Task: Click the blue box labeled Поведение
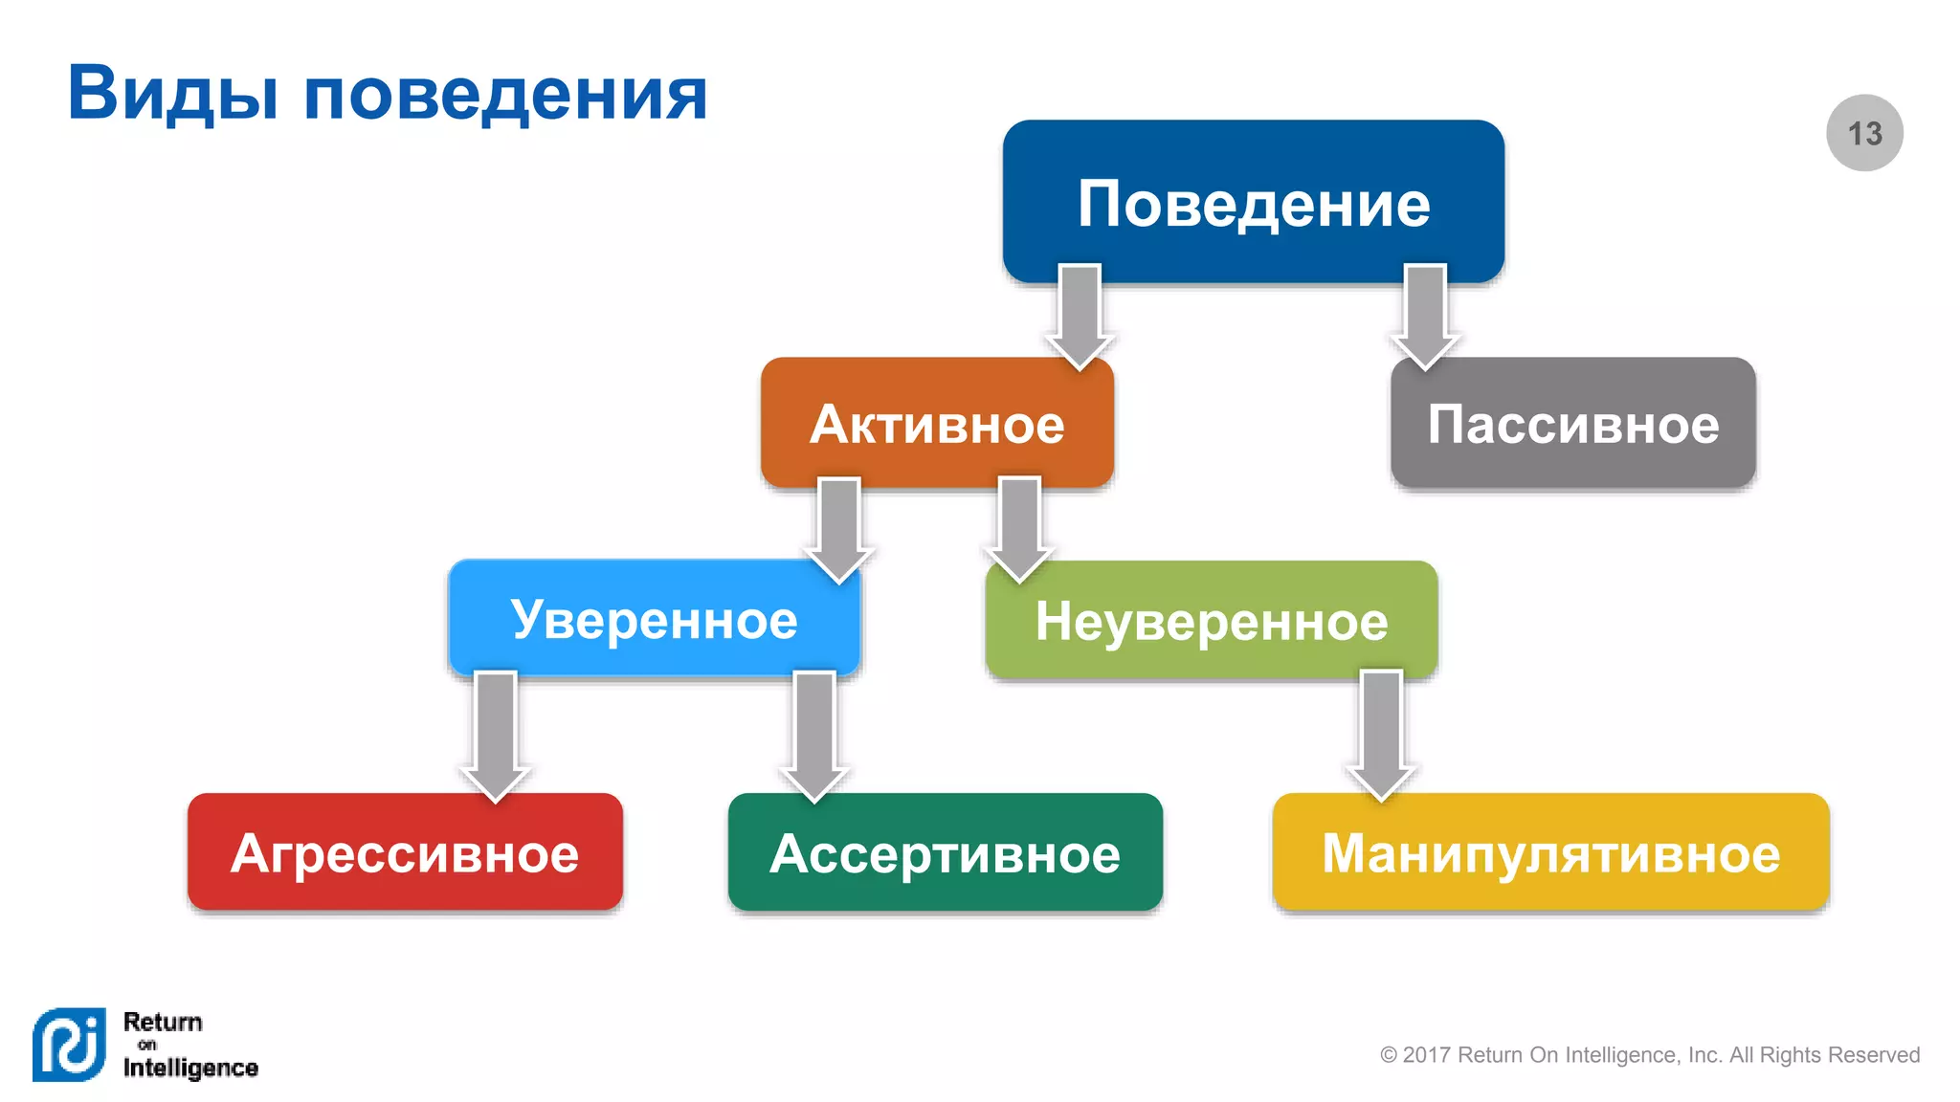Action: [x=1253, y=202]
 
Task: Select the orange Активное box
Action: [x=937, y=424]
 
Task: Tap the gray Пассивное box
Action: [x=1572, y=424]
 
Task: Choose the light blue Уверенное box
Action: [x=654, y=619]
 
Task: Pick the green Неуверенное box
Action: [x=1211, y=621]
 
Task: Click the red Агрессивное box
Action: [x=405, y=852]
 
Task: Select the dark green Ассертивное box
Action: [x=945, y=852]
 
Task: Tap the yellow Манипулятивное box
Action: [x=1550, y=852]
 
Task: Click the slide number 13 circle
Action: [x=1864, y=133]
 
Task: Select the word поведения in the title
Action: [x=505, y=94]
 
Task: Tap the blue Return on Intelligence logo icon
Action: [x=69, y=1044]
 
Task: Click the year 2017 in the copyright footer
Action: [x=1427, y=1055]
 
